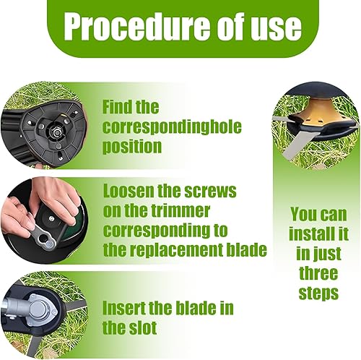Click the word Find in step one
click(x=116, y=107)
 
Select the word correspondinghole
click(x=172, y=127)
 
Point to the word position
click(x=132, y=147)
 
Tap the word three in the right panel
click(x=318, y=273)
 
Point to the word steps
click(x=318, y=294)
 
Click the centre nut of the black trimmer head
click(x=57, y=132)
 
